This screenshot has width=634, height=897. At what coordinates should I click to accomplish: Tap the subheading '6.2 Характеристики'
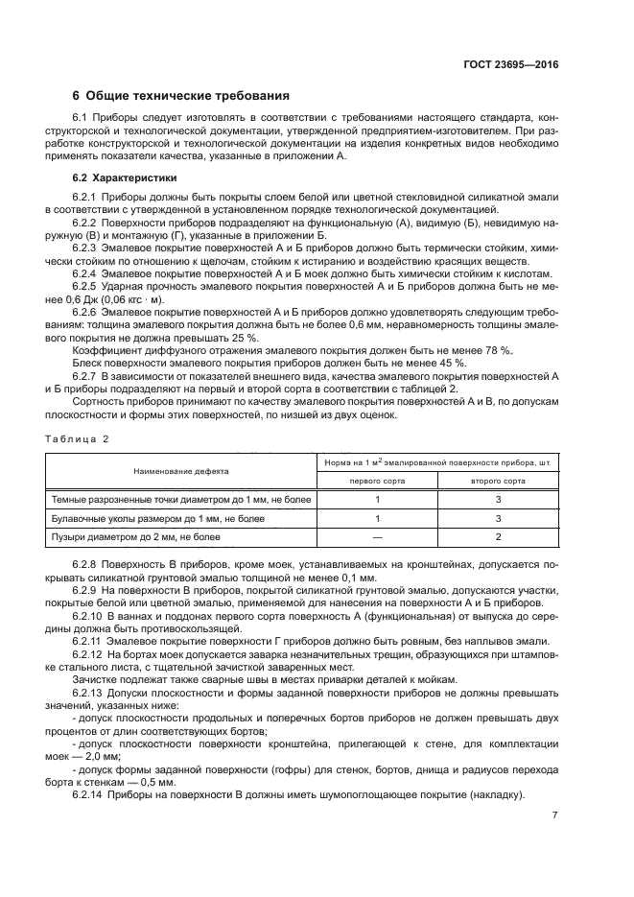pyautogui.click(x=122, y=178)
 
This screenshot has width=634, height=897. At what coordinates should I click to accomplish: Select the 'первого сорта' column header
pyautogui.click(x=377, y=481)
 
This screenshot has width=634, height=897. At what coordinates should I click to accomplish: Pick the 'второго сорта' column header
pyautogui.click(x=497, y=481)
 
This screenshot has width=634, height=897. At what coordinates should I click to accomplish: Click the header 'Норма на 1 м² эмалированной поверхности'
pyautogui.click(x=437, y=462)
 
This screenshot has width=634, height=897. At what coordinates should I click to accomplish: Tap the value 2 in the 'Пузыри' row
pyautogui.click(x=498, y=537)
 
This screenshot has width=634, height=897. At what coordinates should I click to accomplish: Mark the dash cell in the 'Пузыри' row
pyautogui.click(x=377, y=537)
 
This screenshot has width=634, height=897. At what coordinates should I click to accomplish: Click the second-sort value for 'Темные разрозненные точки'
pyautogui.click(x=498, y=500)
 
